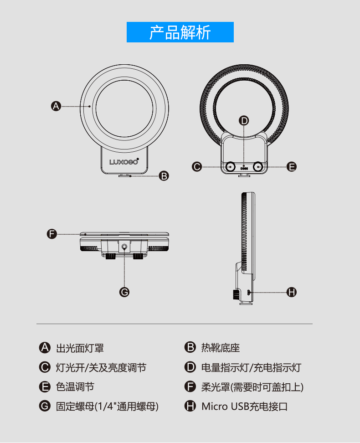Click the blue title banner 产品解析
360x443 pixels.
click(180, 32)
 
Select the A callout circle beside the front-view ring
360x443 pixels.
click(56, 106)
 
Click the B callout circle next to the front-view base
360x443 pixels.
click(164, 175)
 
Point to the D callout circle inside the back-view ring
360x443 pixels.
click(244, 120)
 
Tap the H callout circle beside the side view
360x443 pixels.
click(292, 292)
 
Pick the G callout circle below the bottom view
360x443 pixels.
click(124, 292)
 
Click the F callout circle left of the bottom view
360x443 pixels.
click(52, 234)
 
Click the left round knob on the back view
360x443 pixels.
click(231, 167)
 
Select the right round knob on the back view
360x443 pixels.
click(259, 167)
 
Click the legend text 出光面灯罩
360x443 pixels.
click(80, 348)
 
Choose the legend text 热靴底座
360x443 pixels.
click(221, 348)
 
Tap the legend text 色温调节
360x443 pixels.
click(75, 387)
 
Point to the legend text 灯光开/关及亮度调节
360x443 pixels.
click(101, 367)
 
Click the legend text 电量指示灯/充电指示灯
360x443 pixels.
click(251, 367)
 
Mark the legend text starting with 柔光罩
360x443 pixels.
click(252, 387)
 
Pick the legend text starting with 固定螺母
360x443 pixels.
click(107, 406)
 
